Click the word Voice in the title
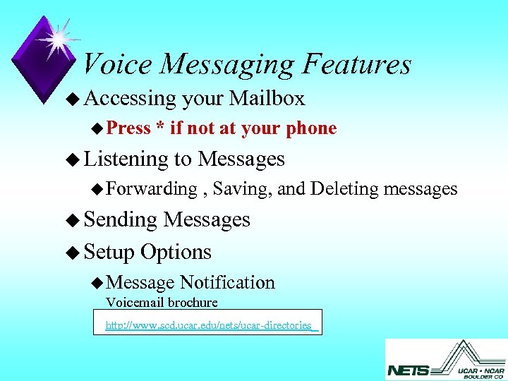(117, 64)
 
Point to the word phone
(311, 128)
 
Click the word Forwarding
(152, 188)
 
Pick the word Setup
(109, 252)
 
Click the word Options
(176, 252)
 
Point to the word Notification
(227, 282)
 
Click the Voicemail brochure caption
(162, 303)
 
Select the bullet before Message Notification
(98, 283)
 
